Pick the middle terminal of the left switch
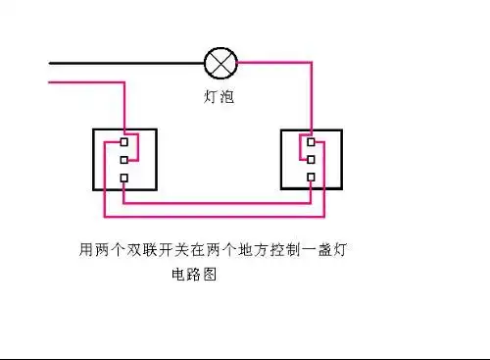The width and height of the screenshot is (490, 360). tap(123, 158)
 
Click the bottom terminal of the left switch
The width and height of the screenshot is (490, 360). tap(123, 178)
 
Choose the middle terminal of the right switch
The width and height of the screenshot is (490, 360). tap(310, 158)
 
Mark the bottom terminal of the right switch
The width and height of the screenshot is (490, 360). tap(310, 178)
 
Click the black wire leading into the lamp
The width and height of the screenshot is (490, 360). tap(127, 64)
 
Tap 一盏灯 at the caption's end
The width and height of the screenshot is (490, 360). tap(327, 251)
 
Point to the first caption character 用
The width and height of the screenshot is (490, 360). tap(85, 251)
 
